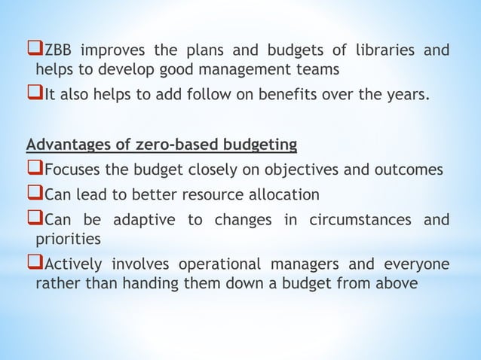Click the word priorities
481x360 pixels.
tap(67, 239)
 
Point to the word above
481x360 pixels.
tap(383, 284)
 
